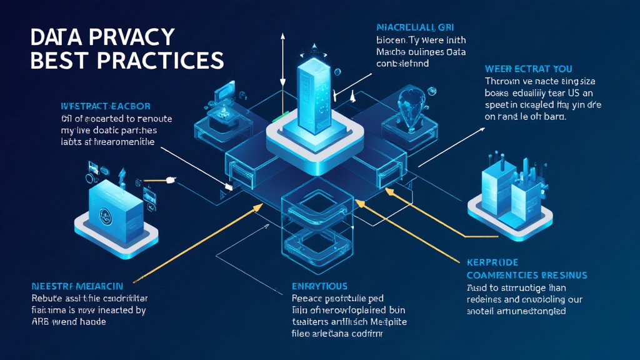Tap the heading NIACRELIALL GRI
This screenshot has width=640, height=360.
pos(415,27)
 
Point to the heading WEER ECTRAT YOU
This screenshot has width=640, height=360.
pos(528,68)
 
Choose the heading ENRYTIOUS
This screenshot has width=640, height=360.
pos(321,286)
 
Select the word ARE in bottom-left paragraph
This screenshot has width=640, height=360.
pos(39,322)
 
